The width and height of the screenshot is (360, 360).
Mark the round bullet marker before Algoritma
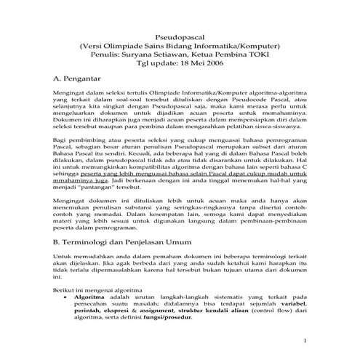tap(67, 297)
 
